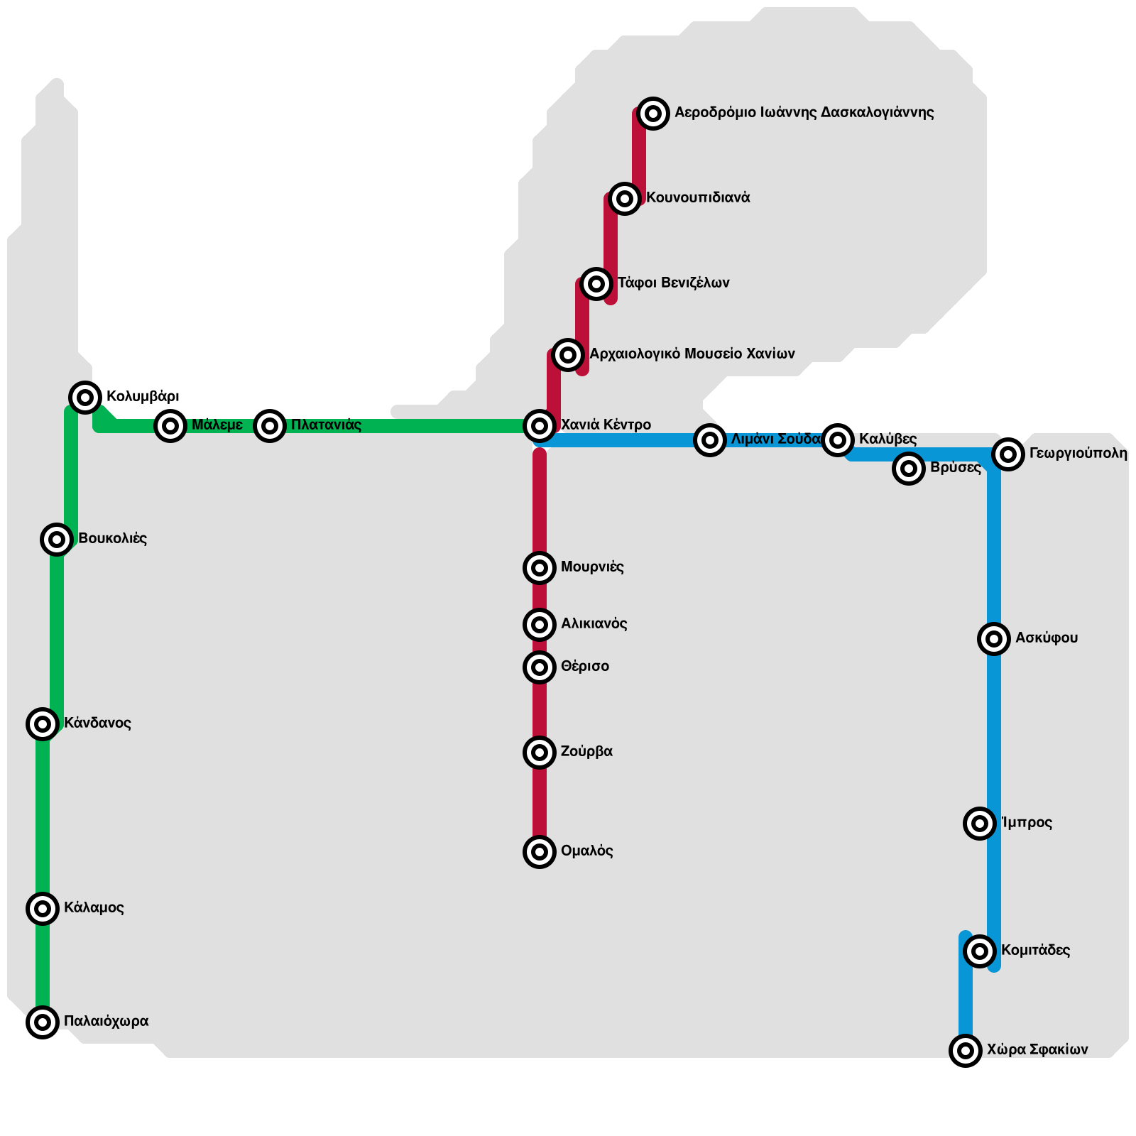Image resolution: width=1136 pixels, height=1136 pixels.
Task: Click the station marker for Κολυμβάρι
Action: [x=85, y=397]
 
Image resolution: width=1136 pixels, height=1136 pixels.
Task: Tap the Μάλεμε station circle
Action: [x=170, y=426]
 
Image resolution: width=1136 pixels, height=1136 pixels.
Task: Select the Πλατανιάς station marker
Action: [x=270, y=426]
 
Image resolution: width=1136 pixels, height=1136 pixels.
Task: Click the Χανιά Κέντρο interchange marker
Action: [x=540, y=426]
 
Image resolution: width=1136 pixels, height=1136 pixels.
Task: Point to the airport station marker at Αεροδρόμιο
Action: [x=653, y=113]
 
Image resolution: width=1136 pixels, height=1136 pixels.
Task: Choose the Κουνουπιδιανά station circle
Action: [x=625, y=199]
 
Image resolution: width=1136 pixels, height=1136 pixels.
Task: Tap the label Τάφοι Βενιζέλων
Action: [x=674, y=283]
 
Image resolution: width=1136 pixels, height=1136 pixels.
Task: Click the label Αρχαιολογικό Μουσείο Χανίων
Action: [x=692, y=354]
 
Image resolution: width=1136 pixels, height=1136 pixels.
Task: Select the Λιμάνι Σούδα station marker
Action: [x=710, y=440]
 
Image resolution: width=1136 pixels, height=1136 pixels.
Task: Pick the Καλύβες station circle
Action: [x=838, y=440]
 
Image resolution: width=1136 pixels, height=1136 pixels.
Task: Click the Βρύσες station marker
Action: [x=909, y=469]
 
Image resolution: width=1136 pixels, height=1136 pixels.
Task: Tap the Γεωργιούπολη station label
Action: [x=1078, y=454]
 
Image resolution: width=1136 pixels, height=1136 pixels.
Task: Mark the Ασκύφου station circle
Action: [x=994, y=639]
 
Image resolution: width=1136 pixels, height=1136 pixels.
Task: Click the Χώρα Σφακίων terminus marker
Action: [x=966, y=1050]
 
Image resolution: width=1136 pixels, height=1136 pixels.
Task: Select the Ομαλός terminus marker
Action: [x=540, y=852]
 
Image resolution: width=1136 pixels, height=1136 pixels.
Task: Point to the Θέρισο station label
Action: [x=585, y=667]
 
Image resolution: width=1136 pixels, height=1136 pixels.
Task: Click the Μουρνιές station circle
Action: [x=540, y=568]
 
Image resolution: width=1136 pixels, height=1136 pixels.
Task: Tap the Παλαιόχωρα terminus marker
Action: [x=43, y=1022]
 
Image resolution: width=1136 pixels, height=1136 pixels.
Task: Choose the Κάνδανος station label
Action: [x=98, y=723]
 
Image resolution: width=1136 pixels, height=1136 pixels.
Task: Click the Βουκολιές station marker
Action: [x=57, y=540]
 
